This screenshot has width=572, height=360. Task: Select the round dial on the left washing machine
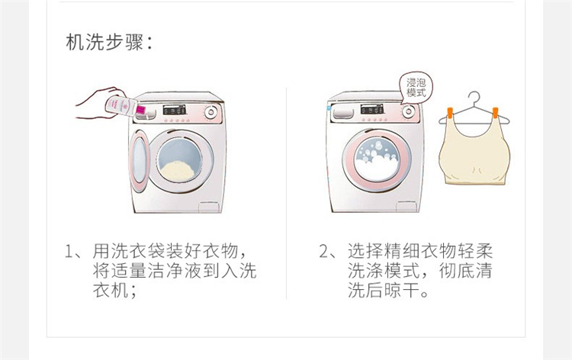210,112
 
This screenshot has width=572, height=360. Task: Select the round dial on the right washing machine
408,111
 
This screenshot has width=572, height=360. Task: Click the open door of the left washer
140,160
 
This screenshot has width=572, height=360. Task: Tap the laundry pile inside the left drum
178,171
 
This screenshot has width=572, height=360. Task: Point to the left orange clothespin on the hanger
448,113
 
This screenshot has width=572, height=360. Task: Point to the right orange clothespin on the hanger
495,113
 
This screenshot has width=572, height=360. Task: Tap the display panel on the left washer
174,109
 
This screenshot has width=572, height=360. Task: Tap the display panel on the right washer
371,109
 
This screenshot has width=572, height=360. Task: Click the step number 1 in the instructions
69,252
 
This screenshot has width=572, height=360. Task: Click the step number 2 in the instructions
324,252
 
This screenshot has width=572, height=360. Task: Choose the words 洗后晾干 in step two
384,291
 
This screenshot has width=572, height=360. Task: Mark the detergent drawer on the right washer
342,112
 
